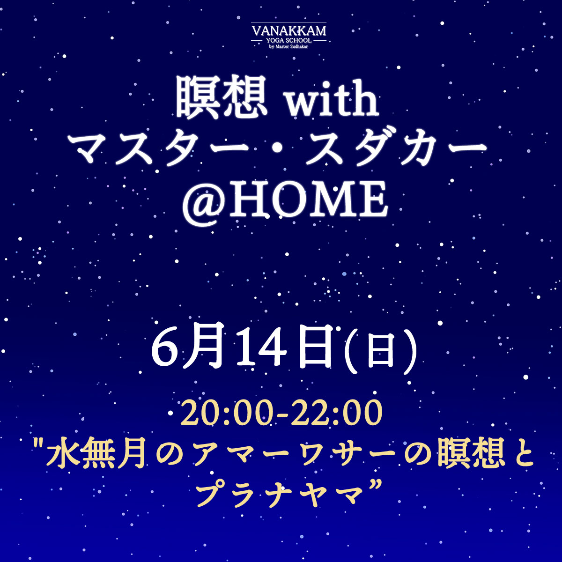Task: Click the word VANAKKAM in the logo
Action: point(289,30)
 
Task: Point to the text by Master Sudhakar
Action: point(288,46)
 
